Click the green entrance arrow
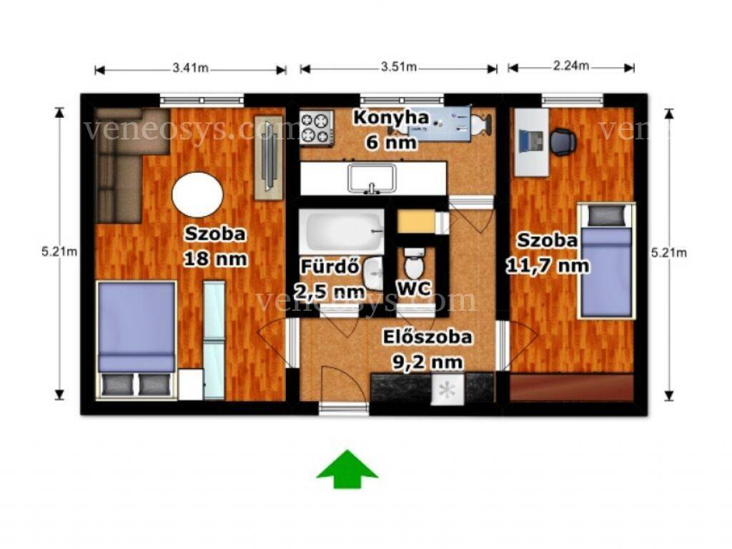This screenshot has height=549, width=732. click(x=347, y=469)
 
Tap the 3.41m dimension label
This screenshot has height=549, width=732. click(x=190, y=68)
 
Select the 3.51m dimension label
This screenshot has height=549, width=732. click(x=398, y=66)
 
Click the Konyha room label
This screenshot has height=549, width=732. click(x=391, y=118)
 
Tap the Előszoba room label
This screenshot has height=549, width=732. click(x=427, y=337)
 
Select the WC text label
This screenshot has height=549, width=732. click(x=414, y=289)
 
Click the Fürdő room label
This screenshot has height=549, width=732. click(x=330, y=267)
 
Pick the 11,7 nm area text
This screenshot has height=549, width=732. click(x=548, y=266)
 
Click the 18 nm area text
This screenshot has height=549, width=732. click(x=215, y=259)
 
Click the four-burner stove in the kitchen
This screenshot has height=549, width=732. click(x=317, y=127)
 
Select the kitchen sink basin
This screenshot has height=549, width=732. click(x=372, y=178)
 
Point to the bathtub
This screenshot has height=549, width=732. click(x=342, y=231)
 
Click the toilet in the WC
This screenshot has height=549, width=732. click(x=414, y=263)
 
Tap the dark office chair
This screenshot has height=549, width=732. click(x=563, y=142)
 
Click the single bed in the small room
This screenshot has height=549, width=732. click(x=606, y=261)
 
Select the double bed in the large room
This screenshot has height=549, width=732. click(x=137, y=340)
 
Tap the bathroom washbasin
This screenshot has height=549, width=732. click(x=373, y=273)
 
